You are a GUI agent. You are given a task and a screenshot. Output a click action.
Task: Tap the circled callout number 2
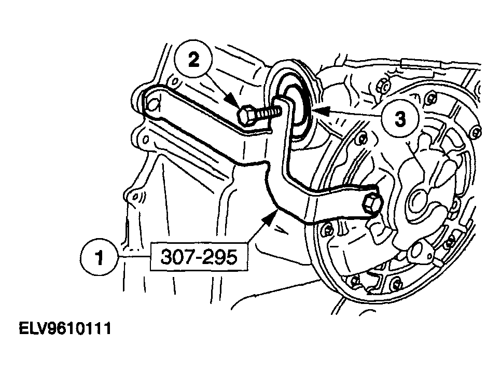pyautogui.click(x=193, y=60)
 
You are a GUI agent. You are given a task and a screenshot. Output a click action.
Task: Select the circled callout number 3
pyautogui.click(x=400, y=119)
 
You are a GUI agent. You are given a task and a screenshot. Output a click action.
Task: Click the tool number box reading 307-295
pyautogui.click(x=199, y=257)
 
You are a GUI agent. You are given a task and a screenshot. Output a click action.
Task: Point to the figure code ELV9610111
pyautogui.click(x=65, y=328)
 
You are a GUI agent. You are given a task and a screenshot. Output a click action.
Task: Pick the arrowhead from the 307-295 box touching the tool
pyautogui.click(x=269, y=219)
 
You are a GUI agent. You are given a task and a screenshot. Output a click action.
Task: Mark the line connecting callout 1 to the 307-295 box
pyautogui.click(x=134, y=257)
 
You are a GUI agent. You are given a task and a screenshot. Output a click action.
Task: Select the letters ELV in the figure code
pyautogui.click(x=33, y=328)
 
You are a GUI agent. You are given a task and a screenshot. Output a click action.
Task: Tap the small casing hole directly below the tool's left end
pyautogui.click(x=145, y=140)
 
